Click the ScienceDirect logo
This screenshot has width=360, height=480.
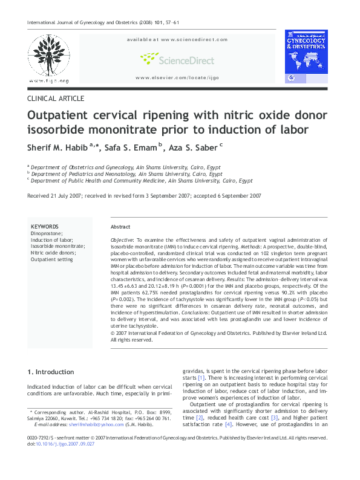click(x=177, y=59)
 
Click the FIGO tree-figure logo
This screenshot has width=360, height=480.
click(x=48, y=58)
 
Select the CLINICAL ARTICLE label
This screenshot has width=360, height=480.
click(x=56, y=99)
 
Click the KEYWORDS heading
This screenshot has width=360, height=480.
click(x=44, y=225)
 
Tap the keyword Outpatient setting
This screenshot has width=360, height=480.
click(x=51, y=259)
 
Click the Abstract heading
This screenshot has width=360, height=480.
click(x=120, y=227)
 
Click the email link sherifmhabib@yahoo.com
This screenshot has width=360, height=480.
click(x=90, y=425)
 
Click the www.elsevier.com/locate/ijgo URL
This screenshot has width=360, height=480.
click(x=177, y=78)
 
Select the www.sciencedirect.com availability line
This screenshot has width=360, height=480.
click(x=177, y=39)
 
